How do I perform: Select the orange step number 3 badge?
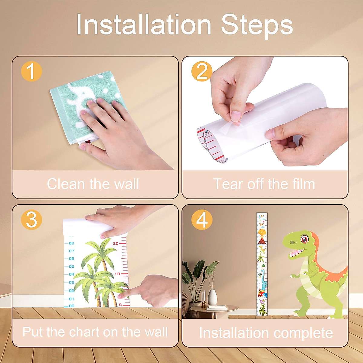pos(31,219)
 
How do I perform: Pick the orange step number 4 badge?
pos(202,219)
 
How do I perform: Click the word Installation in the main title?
pos(144,25)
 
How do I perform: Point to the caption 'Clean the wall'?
pos(93,184)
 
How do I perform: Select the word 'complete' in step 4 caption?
pos(303,333)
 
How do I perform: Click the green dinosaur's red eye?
pos(304,239)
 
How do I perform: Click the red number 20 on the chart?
pos(116,244)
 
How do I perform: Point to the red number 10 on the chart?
pos(117,274)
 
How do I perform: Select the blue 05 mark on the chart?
pos(71,267)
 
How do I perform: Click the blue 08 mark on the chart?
pos(71,243)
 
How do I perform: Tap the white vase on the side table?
pos(213,297)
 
